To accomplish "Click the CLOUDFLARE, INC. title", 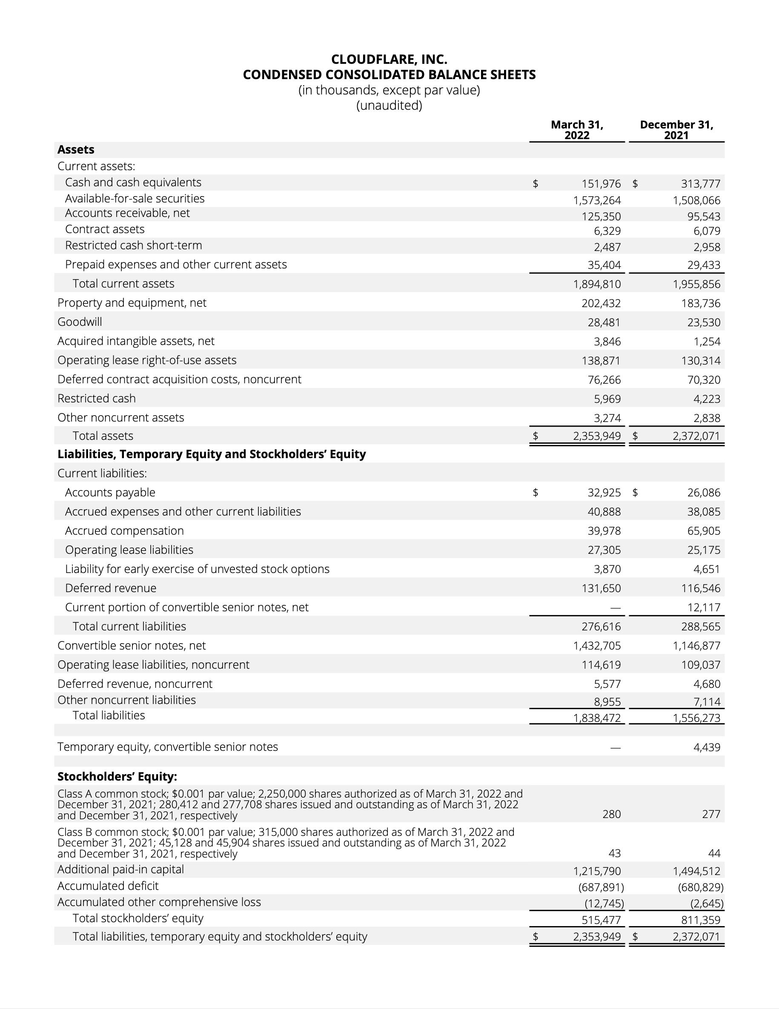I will click(x=389, y=60).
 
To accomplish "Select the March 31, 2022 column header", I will click(x=576, y=130).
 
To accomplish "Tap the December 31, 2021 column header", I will click(x=676, y=130).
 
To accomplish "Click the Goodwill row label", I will click(x=80, y=322).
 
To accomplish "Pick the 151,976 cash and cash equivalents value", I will click(x=601, y=184).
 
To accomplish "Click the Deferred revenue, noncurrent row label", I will click(x=135, y=684).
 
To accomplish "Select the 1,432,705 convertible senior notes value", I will click(x=596, y=646).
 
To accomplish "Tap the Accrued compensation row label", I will click(x=124, y=531).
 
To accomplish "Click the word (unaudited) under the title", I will click(x=389, y=106).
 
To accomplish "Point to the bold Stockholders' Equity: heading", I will click(x=117, y=777).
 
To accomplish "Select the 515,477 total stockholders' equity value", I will click(x=601, y=920).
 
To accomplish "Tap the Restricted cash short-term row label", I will click(x=133, y=245).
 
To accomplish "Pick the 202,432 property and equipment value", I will click(x=601, y=304).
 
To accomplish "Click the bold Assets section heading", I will click(x=76, y=150).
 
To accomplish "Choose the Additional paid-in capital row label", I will click(x=120, y=869).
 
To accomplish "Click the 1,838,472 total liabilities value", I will click(x=596, y=718).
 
